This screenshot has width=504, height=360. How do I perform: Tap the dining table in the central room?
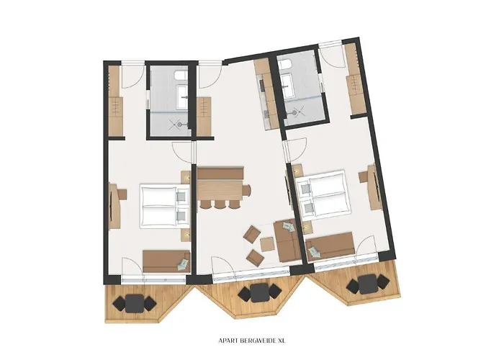[x=220, y=190]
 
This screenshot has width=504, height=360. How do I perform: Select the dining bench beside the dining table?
[x=220, y=173]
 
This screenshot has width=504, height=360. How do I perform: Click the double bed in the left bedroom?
[x=164, y=205]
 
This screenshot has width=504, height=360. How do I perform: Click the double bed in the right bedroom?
[x=323, y=195]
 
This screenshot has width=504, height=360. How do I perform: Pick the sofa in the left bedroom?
[x=166, y=261]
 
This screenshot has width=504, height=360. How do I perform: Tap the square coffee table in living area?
[x=267, y=244]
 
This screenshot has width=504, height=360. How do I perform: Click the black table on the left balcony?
[x=135, y=303]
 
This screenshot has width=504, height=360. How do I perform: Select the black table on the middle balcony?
[x=260, y=292]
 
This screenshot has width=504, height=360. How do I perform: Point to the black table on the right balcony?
[x=368, y=284]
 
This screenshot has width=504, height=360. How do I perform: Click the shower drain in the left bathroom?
[x=179, y=123]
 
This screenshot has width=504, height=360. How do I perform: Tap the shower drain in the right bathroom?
[x=294, y=112]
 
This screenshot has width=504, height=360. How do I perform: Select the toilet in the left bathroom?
[x=181, y=75]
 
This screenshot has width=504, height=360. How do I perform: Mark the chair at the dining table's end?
[x=246, y=191]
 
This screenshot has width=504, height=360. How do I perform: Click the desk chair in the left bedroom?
[x=122, y=194]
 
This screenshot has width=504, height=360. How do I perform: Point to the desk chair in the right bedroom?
[x=364, y=176]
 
